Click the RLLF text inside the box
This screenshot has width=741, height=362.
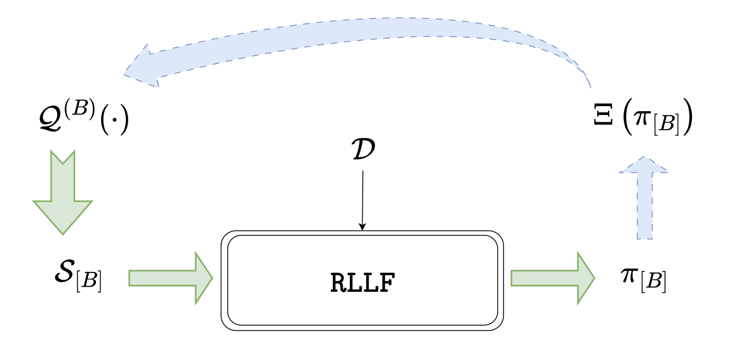point(362,283)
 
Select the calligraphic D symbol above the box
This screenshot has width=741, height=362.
point(363,150)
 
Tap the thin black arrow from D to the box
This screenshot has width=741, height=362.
point(363,198)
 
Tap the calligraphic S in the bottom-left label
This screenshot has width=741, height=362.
point(64,271)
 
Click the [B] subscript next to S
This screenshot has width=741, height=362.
point(89,281)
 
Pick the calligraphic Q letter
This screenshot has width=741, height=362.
point(51,119)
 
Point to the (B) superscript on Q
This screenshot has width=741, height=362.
point(80,108)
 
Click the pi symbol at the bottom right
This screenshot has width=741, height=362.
point(629,275)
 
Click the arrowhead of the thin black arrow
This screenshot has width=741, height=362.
point(362,226)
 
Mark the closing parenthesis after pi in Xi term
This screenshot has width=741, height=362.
point(687,117)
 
